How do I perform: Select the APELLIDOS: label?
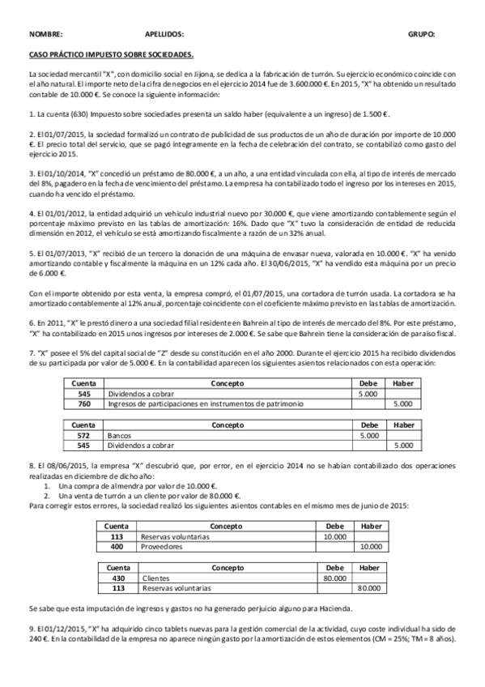coord(164,35)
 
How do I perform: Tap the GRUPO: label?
coord(421,35)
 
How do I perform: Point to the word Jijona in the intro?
coord(198,73)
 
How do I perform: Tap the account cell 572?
coord(83,435)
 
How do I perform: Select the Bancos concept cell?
coord(118,435)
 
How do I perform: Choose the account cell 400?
coord(117,547)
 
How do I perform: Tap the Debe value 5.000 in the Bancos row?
coord(367,435)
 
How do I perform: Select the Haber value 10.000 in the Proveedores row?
coord(369,547)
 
